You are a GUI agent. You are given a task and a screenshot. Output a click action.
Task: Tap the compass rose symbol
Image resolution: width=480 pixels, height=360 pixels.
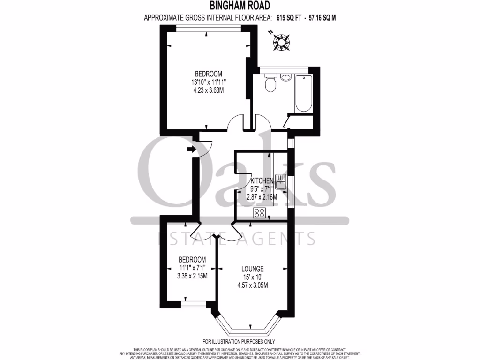click(x=281, y=42)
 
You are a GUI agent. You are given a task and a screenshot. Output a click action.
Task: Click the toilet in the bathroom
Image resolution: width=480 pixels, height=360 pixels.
click(x=270, y=84)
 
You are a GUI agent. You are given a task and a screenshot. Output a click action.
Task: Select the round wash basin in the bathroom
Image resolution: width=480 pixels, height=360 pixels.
click(x=285, y=77)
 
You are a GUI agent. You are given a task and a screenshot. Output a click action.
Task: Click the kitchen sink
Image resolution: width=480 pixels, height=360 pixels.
click(x=280, y=181)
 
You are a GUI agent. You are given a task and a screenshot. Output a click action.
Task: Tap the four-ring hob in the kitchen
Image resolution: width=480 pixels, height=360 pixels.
click(x=259, y=213)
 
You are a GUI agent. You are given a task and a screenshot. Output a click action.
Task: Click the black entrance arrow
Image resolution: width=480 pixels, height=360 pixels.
click(x=191, y=149)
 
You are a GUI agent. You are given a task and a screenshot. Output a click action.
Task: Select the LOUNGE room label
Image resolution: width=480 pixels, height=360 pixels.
click(x=252, y=269)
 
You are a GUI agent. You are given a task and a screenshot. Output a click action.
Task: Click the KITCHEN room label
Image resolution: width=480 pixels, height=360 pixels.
click(x=262, y=181)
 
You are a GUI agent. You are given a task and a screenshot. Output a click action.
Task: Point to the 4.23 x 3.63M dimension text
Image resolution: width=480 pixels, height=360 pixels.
click(x=208, y=90)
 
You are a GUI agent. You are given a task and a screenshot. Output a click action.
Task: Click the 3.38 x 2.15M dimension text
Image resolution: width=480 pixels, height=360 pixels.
click(x=192, y=276)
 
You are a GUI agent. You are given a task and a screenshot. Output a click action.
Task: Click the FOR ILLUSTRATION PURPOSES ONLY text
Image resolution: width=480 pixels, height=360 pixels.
click(x=239, y=342)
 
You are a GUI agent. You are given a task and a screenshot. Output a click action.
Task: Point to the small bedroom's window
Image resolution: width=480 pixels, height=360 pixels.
click(x=191, y=305)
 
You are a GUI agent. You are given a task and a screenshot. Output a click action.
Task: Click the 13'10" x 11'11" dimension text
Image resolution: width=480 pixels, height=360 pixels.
click(x=208, y=82)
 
